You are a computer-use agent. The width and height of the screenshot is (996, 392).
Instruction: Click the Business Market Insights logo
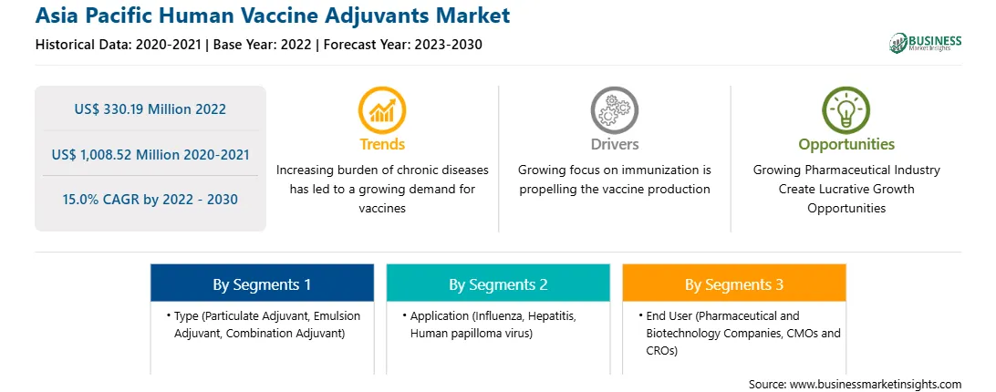pyautogui.click(x=925, y=43)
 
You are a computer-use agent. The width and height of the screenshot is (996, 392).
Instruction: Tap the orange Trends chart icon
pyautogui.click(x=382, y=110)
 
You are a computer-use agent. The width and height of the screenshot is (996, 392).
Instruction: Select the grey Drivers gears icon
pyautogui.click(x=614, y=110)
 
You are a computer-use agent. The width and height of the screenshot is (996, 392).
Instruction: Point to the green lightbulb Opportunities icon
pyautogui.click(x=846, y=110)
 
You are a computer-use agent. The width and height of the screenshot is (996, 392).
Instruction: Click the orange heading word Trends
pyautogui.click(x=382, y=144)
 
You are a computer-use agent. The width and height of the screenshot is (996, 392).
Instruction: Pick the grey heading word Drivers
pyautogui.click(x=614, y=144)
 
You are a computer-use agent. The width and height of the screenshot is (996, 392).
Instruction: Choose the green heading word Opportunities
pyautogui.click(x=846, y=145)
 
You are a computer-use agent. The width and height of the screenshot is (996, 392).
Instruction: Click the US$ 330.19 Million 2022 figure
pyautogui.click(x=150, y=108)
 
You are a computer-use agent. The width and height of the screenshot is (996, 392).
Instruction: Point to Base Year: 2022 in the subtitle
pyautogui.click(x=263, y=45)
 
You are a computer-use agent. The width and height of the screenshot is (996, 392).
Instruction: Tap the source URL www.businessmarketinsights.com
pyautogui.click(x=875, y=385)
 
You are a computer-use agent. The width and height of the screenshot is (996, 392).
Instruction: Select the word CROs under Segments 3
pyautogui.click(x=662, y=350)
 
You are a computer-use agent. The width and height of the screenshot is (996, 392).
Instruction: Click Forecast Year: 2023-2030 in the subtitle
pyautogui.click(x=402, y=45)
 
